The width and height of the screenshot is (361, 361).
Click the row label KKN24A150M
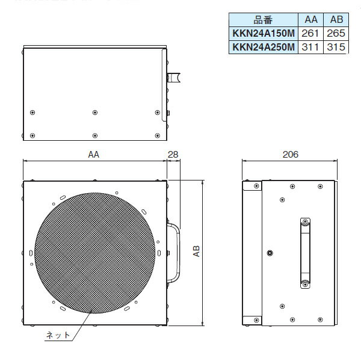click(x=262, y=32)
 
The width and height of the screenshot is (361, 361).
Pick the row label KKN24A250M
click(x=262, y=46)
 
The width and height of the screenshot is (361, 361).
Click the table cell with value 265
click(x=335, y=32)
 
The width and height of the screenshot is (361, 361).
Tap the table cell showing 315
click(x=335, y=46)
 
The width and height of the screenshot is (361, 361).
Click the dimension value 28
click(x=173, y=155)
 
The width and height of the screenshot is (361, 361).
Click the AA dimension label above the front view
click(x=93, y=155)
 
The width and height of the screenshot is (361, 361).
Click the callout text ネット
click(x=58, y=335)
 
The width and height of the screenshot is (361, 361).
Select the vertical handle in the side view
click(x=304, y=253)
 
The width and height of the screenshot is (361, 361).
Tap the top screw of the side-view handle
click(x=304, y=223)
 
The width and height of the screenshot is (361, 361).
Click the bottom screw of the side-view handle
click(x=304, y=283)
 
